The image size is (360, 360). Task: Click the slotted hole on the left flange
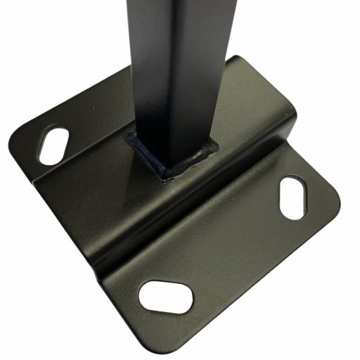[53, 144]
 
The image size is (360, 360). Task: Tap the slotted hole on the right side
[291, 198]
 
